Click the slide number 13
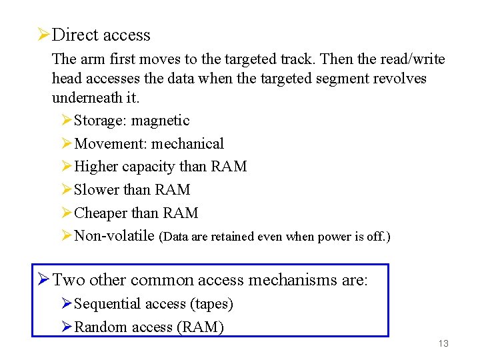443,343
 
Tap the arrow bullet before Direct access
43,34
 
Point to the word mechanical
187,144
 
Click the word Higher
96,167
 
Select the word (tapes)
211,304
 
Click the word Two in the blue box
68,280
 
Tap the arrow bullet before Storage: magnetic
66,121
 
